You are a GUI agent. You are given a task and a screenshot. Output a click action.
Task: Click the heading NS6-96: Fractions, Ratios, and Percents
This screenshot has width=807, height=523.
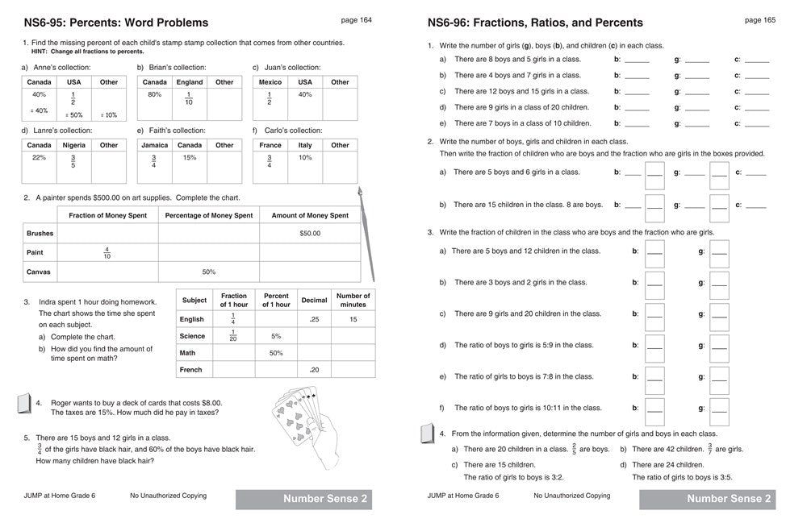535,23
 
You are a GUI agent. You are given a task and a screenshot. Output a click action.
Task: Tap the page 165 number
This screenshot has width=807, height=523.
759,20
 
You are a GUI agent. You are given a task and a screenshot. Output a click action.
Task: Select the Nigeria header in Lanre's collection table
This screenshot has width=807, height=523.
73,145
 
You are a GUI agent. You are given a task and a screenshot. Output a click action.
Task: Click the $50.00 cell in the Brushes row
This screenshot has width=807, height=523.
309,233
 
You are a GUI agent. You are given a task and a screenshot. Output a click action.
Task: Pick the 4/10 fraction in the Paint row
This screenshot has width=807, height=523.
107,252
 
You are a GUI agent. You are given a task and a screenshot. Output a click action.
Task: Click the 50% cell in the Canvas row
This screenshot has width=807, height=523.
208,272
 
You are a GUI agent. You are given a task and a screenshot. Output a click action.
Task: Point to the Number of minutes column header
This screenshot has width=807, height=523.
353,300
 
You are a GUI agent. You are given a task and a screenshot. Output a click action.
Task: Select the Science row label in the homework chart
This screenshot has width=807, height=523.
192,336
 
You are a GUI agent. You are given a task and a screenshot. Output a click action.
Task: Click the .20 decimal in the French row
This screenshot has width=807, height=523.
314,370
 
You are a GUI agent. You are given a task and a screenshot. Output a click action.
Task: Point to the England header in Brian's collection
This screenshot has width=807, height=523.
190,82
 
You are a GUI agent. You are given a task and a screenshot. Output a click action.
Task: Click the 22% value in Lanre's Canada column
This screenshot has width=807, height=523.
38,158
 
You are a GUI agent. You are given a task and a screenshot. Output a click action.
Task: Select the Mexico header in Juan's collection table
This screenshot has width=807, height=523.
270,82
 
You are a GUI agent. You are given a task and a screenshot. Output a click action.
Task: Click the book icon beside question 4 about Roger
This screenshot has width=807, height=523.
23,405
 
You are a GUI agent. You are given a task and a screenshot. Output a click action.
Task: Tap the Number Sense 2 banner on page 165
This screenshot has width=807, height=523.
706,499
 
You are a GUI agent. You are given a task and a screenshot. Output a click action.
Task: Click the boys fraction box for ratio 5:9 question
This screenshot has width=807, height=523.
654,345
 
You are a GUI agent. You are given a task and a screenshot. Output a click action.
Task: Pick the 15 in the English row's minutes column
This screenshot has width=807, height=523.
353,319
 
